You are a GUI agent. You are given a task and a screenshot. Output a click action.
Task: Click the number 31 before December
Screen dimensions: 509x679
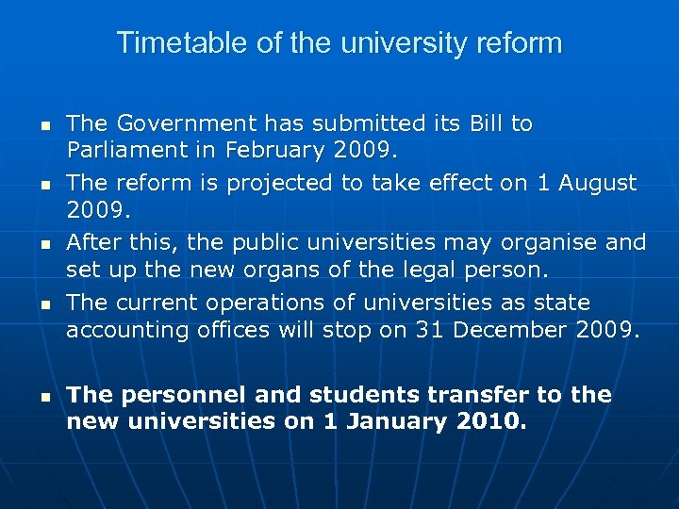(x=430, y=330)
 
